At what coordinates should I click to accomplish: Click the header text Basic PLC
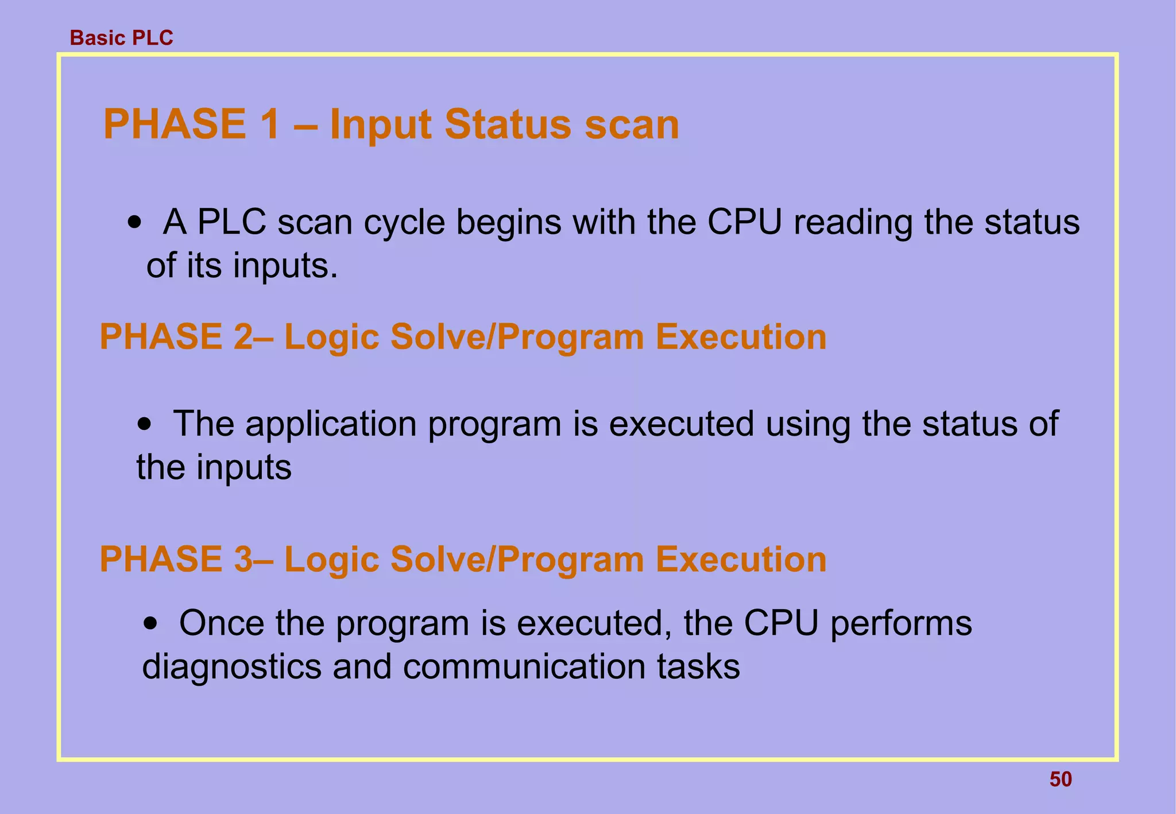click(x=121, y=38)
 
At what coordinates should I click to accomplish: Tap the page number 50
click(x=1061, y=779)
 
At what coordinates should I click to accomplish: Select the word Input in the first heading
click(x=381, y=125)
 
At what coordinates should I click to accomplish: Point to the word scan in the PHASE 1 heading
click(x=632, y=125)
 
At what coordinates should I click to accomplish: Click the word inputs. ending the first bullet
click(x=285, y=266)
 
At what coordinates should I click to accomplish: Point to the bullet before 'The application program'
click(x=146, y=425)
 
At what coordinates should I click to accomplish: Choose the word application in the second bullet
click(x=331, y=425)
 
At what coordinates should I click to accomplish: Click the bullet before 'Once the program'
click(x=151, y=624)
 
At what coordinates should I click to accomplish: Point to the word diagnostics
click(x=231, y=667)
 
